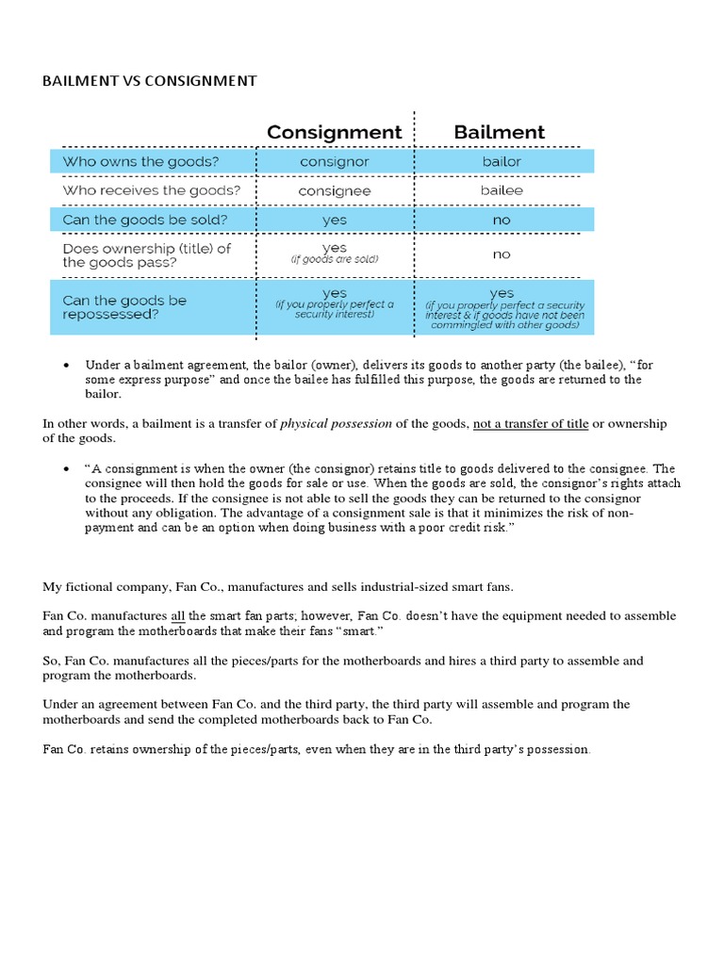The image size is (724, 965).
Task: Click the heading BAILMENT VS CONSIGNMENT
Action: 149,81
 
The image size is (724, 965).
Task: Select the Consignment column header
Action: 334,132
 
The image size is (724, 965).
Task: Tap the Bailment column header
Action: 499,132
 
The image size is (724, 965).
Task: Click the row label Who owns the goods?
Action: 140,161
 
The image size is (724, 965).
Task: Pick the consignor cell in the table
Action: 334,161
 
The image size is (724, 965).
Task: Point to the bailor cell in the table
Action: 501,161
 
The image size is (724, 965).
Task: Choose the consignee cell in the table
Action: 334,190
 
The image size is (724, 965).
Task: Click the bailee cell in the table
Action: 501,190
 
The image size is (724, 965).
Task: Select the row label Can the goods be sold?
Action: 145,220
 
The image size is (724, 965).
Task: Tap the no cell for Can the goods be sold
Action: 501,220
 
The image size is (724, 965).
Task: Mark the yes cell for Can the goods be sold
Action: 334,220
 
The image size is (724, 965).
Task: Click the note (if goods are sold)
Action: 334,259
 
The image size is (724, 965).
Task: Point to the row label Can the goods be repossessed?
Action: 124,307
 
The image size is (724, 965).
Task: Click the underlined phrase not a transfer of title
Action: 531,424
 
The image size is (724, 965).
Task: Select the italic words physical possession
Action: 336,424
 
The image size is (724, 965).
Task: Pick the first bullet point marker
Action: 66,365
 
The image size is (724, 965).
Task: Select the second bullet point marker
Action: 66,468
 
